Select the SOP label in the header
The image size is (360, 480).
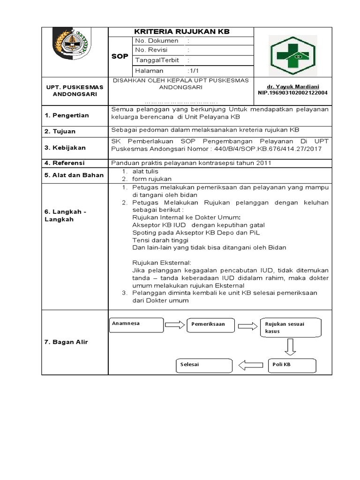[x=120, y=56]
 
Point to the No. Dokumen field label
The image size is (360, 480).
[x=156, y=41]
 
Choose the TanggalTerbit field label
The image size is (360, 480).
[x=157, y=60]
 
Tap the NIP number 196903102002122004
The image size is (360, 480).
[x=292, y=93]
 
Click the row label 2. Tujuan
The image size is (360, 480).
[x=60, y=132]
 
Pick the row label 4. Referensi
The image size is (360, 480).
[x=64, y=163]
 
